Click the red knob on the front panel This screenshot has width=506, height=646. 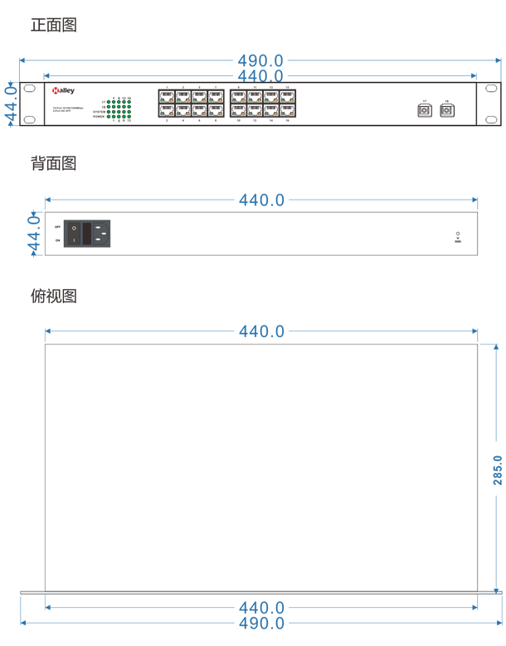pos(55,92)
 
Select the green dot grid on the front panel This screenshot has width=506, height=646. pos(121,107)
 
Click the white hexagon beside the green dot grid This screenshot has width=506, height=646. pos(149,104)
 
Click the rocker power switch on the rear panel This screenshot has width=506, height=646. pos(74,234)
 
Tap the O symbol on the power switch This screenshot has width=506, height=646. pos(74,228)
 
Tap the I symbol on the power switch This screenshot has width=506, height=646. pos(74,240)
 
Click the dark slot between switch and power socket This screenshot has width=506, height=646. pos(86,234)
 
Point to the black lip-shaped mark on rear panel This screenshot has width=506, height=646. pos(453,235)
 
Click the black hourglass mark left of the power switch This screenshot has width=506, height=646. pos(56,234)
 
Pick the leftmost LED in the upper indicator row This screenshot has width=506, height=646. pos(162,100)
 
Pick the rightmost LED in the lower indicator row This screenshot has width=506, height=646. pos(292,113)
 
